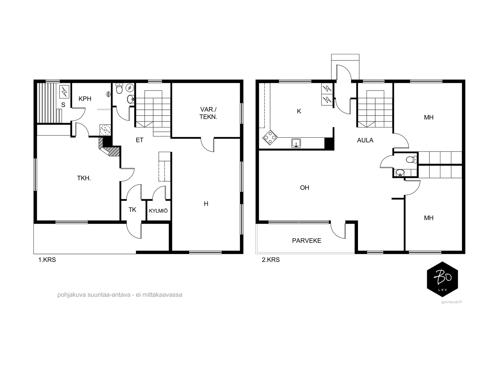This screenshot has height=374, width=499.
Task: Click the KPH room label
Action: pos(85,99)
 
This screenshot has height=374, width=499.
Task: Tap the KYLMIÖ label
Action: pos(158,210)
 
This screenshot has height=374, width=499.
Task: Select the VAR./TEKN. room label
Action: pos(208,113)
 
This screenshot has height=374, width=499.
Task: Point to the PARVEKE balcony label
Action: pos(307,241)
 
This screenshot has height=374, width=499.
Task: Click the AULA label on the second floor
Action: pos(365,140)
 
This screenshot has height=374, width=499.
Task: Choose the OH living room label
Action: pos(304,188)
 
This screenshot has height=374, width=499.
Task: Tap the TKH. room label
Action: pos(84,178)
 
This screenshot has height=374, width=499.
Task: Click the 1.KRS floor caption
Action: pos(47,260)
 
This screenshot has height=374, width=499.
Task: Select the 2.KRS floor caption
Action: pos(270,260)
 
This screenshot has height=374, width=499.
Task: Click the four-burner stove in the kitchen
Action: pos(270,137)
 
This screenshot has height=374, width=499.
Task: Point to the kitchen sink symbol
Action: pos(296,143)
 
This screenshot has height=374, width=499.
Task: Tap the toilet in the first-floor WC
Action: pos(119,88)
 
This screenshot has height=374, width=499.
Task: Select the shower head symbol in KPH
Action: pos(109,94)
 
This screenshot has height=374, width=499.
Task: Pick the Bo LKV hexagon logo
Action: pos(442,279)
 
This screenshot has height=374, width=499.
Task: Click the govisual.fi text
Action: pos(451,302)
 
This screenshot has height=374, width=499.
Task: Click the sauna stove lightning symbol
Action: pos(64,92)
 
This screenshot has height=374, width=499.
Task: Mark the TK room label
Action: pos(132,210)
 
